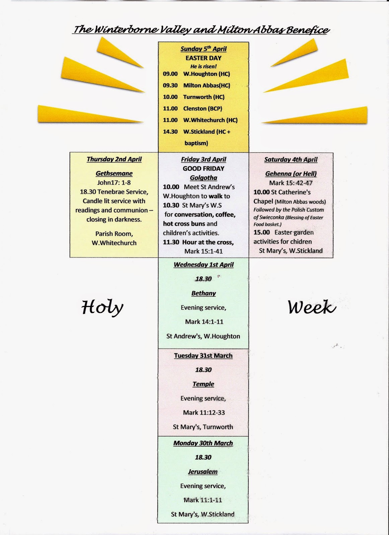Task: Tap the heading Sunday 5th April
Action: (x=204, y=49)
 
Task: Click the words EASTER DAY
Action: (x=204, y=58)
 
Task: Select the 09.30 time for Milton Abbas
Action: (x=170, y=85)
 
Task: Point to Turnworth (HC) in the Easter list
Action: (x=204, y=97)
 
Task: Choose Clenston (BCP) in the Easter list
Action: (x=203, y=108)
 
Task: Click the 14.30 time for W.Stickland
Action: (x=170, y=132)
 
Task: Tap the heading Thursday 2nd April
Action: (x=114, y=159)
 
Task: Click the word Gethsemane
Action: (x=114, y=174)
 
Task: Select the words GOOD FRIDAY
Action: (x=204, y=169)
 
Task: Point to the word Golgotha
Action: (x=204, y=178)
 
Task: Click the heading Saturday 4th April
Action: (x=291, y=159)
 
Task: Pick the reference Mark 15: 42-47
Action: (x=291, y=183)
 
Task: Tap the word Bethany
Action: (x=204, y=293)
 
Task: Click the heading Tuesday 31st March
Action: (x=203, y=356)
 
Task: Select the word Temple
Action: (x=203, y=384)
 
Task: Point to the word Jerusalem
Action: (x=203, y=472)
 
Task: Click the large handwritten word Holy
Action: (x=102, y=308)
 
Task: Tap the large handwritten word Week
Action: (x=312, y=307)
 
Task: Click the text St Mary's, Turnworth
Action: (x=203, y=427)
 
